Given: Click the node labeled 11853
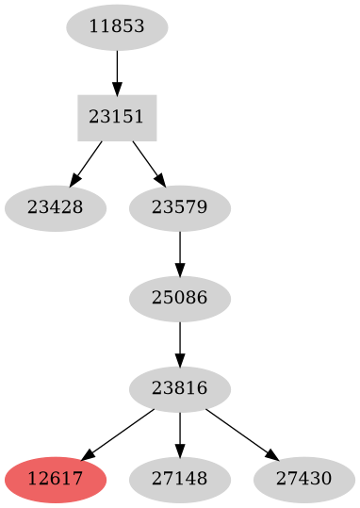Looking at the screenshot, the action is click(117, 26).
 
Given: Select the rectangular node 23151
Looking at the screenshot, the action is click(117, 117).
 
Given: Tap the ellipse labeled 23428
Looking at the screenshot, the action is click(55, 207).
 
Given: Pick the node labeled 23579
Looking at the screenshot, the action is click(179, 207).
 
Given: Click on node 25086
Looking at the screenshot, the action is click(179, 299).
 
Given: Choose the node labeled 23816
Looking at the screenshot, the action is click(179, 389).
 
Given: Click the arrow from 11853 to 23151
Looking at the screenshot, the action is click(117, 71).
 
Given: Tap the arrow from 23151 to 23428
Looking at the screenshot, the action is click(88, 160).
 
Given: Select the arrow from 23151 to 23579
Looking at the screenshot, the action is click(147, 160).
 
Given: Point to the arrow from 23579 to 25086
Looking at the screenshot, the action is click(179, 253).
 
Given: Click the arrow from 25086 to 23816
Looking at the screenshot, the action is click(179, 344).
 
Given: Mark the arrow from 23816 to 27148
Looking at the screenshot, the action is click(179, 434).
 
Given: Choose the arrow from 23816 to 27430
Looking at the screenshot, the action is click(239, 434).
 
